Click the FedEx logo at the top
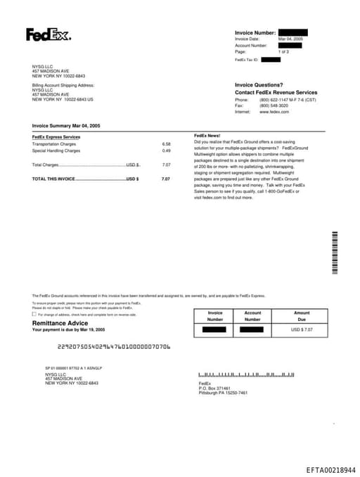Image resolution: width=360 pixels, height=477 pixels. [49, 34]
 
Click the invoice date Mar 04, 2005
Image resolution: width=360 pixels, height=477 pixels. [290, 39]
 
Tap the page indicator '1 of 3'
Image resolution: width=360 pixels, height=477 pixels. [283, 52]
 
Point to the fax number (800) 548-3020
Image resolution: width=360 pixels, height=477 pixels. [274, 106]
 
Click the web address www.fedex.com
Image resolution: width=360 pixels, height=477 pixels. [274, 112]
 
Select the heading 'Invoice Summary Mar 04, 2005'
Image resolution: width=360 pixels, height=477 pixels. [66, 125]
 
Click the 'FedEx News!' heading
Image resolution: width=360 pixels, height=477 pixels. [207, 135]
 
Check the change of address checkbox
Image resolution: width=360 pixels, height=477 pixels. [34, 314]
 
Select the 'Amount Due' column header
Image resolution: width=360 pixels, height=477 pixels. [302, 316]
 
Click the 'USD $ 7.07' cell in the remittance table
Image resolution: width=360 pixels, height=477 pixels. [302, 329]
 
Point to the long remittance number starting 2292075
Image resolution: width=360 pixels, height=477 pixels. [114, 347]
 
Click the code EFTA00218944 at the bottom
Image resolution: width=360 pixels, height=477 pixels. [331, 469]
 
